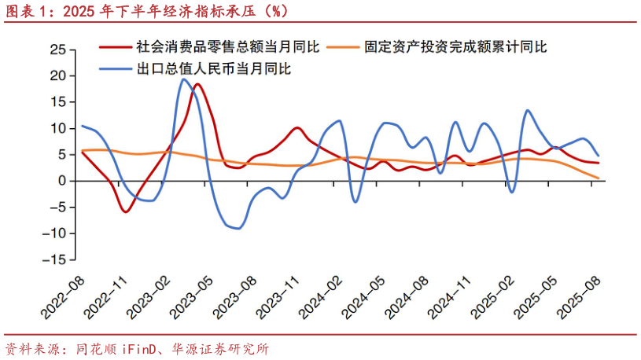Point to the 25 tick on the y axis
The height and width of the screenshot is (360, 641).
pos(57,50)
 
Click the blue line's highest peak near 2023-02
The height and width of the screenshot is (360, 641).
pos(183,79)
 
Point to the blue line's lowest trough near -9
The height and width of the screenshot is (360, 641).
pos(238,228)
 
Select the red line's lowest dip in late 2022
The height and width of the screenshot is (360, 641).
pos(125,211)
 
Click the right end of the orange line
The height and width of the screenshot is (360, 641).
pos(599,178)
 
